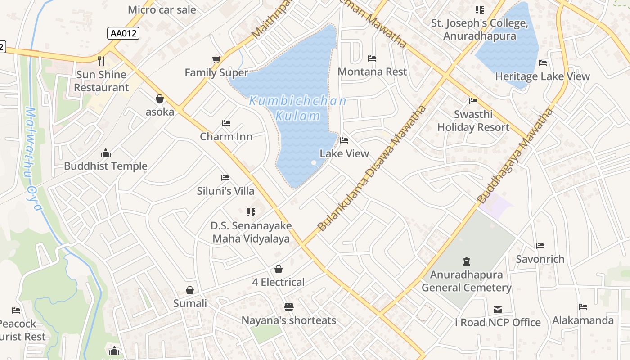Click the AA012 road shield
(123, 33)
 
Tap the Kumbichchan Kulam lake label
(297, 108)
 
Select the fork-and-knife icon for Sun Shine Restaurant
(102, 61)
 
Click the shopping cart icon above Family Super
(216, 59)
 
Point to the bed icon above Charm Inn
(226, 123)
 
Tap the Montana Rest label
(372, 72)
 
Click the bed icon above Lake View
(344, 140)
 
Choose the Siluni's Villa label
(225, 191)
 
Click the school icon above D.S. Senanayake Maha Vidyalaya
(251, 212)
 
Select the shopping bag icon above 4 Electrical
(279, 269)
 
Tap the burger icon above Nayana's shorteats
(289, 307)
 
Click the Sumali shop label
(190, 303)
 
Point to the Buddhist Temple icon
(106, 153)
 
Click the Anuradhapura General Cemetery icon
(467, 261)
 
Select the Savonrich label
(540, 259)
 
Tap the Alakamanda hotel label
(583, 320)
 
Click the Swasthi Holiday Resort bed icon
(473, 101)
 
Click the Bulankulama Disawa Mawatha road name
(372, 169)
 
